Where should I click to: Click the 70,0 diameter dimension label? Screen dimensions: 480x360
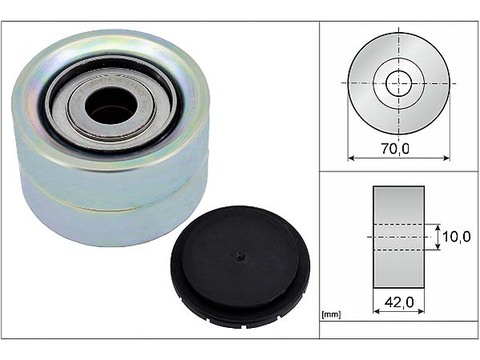tap(395, 148)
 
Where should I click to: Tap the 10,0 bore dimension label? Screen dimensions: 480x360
tap(456, 237)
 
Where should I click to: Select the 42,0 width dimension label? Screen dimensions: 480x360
tap(399, 302)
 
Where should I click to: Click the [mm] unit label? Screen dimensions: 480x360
tap(331, 314)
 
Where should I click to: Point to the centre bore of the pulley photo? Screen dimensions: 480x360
tap(111, 105)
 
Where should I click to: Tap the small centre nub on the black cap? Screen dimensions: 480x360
tap(239, 256)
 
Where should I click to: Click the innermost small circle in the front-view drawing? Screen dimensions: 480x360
tap(399, 83)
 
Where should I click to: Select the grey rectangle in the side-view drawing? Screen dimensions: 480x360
tap(399, 237)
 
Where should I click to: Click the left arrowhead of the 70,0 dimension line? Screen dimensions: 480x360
tap(350, 158)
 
